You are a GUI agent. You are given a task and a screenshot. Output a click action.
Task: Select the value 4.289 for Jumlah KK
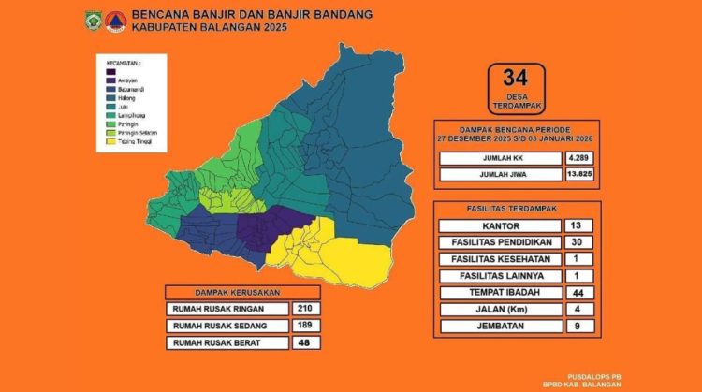[579, 157]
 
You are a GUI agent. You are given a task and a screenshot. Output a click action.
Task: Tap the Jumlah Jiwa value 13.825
[579, 174]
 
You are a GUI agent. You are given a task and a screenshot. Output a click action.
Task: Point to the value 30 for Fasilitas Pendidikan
[578, 242]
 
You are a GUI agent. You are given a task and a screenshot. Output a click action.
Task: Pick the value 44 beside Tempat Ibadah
[578, 293]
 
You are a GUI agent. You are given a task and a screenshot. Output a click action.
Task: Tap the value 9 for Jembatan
[578, 327]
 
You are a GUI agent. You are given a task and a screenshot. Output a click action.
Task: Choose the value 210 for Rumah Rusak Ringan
[301, 308]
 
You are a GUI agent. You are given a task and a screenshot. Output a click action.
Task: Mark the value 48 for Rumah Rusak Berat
[301, 342]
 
